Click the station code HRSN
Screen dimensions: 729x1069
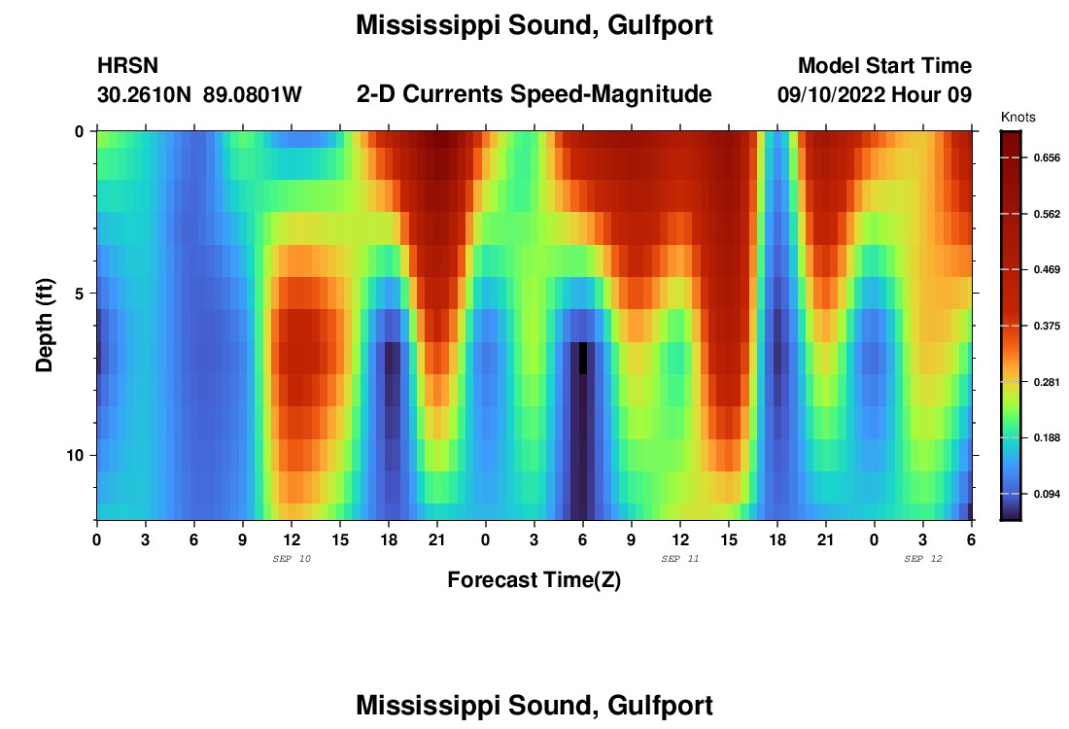click(127, 66)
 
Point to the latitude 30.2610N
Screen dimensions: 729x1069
click(144, 95)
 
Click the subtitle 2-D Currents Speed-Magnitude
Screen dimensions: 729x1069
click(534, 94)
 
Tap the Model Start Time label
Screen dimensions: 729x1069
click(884, 66)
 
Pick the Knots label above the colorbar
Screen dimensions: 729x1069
click(1017, 118)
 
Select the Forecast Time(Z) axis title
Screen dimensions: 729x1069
click(534, 580)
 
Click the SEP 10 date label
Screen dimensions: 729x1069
click(292, 559)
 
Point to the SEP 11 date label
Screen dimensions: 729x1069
click(679, 559)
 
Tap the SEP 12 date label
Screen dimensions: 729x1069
click(922, 559)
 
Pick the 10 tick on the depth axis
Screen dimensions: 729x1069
click(79, 456)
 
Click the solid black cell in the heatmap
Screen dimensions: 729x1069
click(583, 358)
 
